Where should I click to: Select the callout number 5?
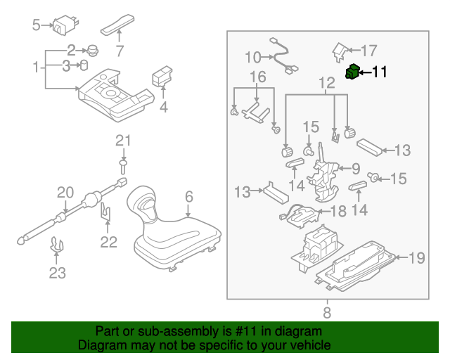(x=37, y=26)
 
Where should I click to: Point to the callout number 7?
(x=119, y=51)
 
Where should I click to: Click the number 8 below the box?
(x=327, y=311)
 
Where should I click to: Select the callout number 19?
(x=417, y=258)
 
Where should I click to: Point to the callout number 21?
(x=124, y=141)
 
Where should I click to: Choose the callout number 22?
(x=108, y=243)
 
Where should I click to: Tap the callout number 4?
(x=163, y=108)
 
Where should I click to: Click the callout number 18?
(x=338, y=211)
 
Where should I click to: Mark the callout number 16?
(x=257, y=77)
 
